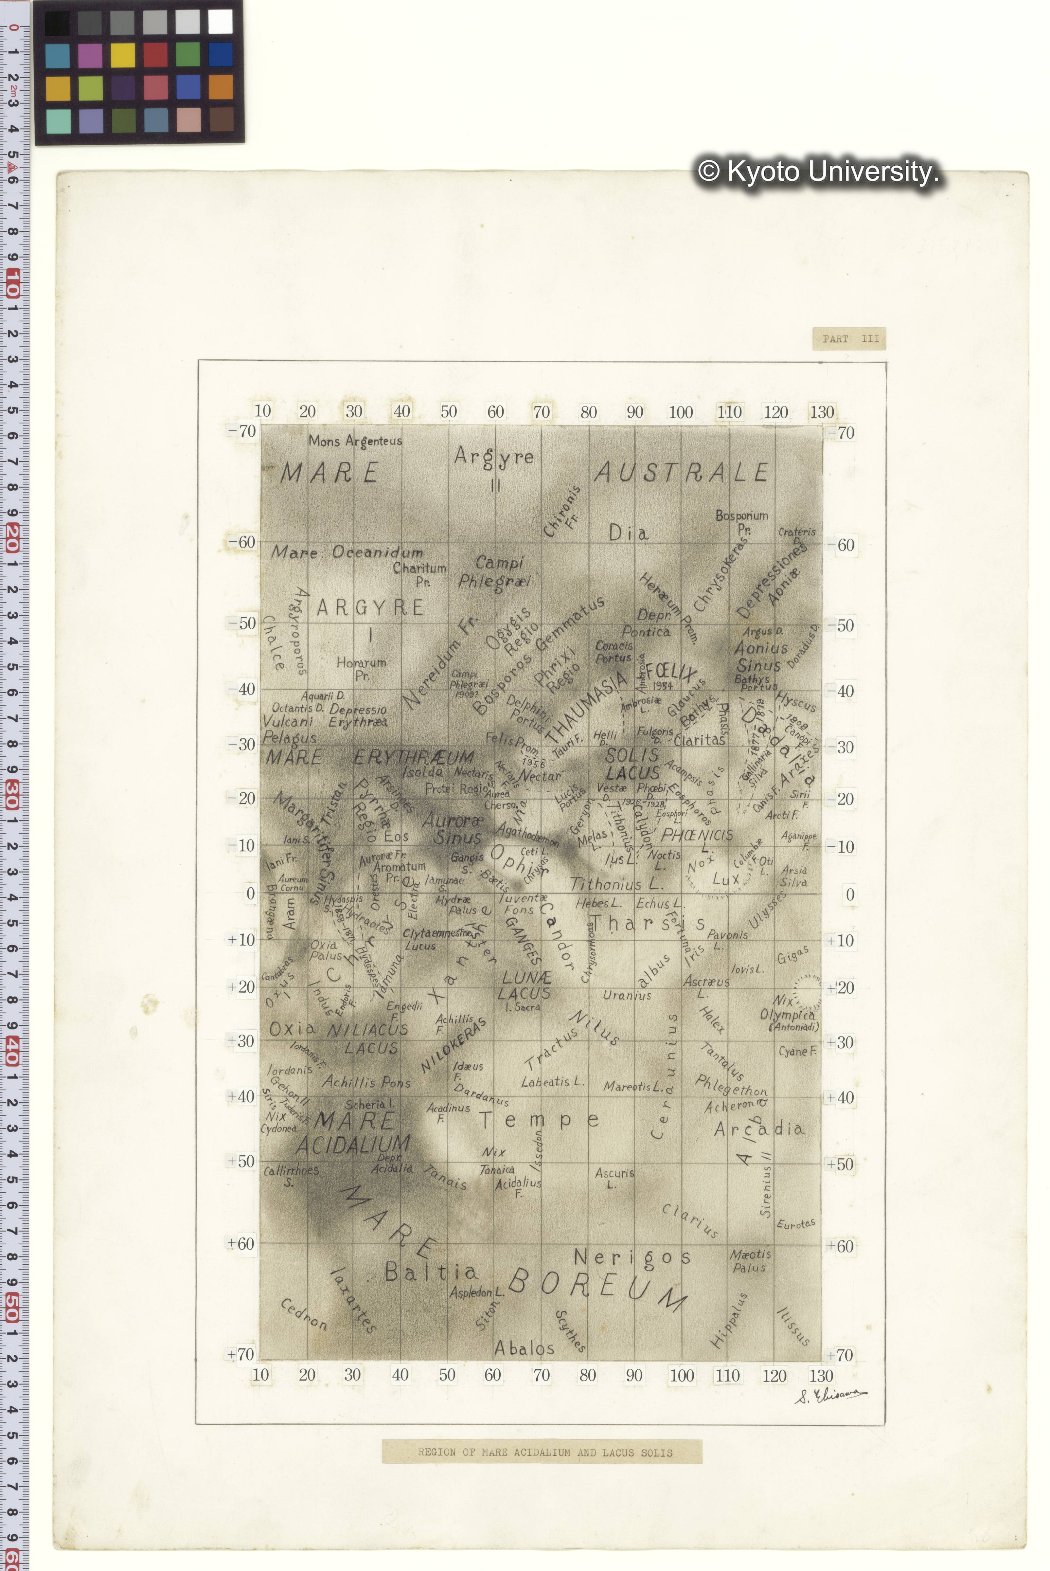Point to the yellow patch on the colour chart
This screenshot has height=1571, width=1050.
(x=123, y=55)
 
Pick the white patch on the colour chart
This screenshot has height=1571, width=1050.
(x=220, y=22)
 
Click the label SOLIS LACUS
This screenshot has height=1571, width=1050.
(x=633, y=763)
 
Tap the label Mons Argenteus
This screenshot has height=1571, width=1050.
(x=355, y=441)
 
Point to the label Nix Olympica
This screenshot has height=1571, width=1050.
(x=787, y=1008)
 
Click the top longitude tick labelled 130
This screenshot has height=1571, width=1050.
(x=822, y=412)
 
